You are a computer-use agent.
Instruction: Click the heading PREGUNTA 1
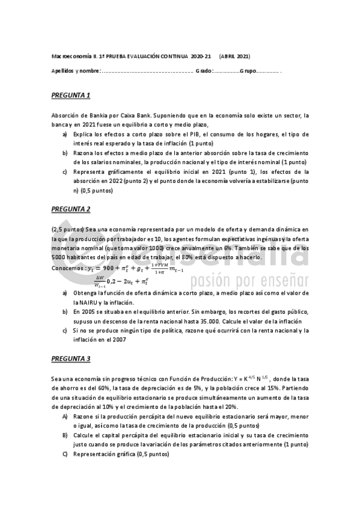[70, 95]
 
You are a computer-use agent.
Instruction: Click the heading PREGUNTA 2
[70, 209]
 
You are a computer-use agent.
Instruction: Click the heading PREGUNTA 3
[70, 359]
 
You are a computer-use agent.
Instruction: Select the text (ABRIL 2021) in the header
[235, 55]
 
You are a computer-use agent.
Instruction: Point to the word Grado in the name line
[204, 71]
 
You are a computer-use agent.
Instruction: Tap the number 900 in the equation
[110, 268]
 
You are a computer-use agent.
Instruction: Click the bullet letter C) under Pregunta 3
[65, 454]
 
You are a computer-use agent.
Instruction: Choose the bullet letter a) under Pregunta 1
[65, 134]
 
